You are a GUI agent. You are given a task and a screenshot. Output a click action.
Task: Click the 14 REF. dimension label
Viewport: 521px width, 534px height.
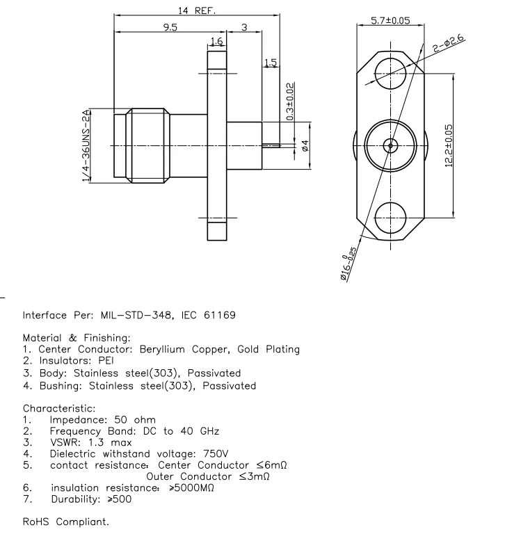(195, 10)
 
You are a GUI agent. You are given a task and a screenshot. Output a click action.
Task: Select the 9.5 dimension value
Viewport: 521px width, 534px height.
(169, 27)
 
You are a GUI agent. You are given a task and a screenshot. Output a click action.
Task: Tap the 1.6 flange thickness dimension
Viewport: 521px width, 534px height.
(216, 42)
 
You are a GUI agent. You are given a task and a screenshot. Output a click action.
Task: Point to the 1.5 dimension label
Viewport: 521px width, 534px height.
(271, 63)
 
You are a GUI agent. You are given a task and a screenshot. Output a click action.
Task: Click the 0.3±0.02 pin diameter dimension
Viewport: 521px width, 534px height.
(290, 102)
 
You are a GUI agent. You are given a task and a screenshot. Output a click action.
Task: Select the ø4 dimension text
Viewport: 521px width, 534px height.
(305, 146)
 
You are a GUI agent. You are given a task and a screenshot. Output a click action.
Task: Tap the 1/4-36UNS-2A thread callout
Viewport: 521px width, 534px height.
(86, 145)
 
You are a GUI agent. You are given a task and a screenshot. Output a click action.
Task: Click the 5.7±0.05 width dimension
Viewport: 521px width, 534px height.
(390, 22)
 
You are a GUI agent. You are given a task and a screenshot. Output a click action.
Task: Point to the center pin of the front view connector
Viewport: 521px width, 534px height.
(390, 145)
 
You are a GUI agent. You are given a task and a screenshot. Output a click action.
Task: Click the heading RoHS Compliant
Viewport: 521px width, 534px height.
(66, 521)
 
